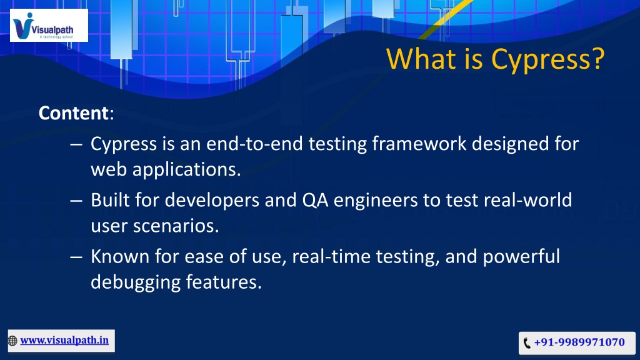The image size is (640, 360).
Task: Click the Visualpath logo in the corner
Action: [49, 26]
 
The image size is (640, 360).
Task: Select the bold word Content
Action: [74, 112]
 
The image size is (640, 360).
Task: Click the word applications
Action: [186, 170]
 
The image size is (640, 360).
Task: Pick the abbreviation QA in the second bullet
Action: [316, 200]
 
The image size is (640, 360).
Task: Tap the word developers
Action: [212, 201]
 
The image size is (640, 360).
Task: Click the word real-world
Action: [527, 200]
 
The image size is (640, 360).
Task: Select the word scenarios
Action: [176, 226]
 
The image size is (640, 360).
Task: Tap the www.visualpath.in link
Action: [64, 341]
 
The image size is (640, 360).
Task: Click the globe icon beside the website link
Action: [12, 341]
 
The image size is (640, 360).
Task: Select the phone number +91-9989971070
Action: [579, 342]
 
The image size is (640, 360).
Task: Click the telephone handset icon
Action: [527, 343]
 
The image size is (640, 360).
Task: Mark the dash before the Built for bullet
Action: [76, 201]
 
